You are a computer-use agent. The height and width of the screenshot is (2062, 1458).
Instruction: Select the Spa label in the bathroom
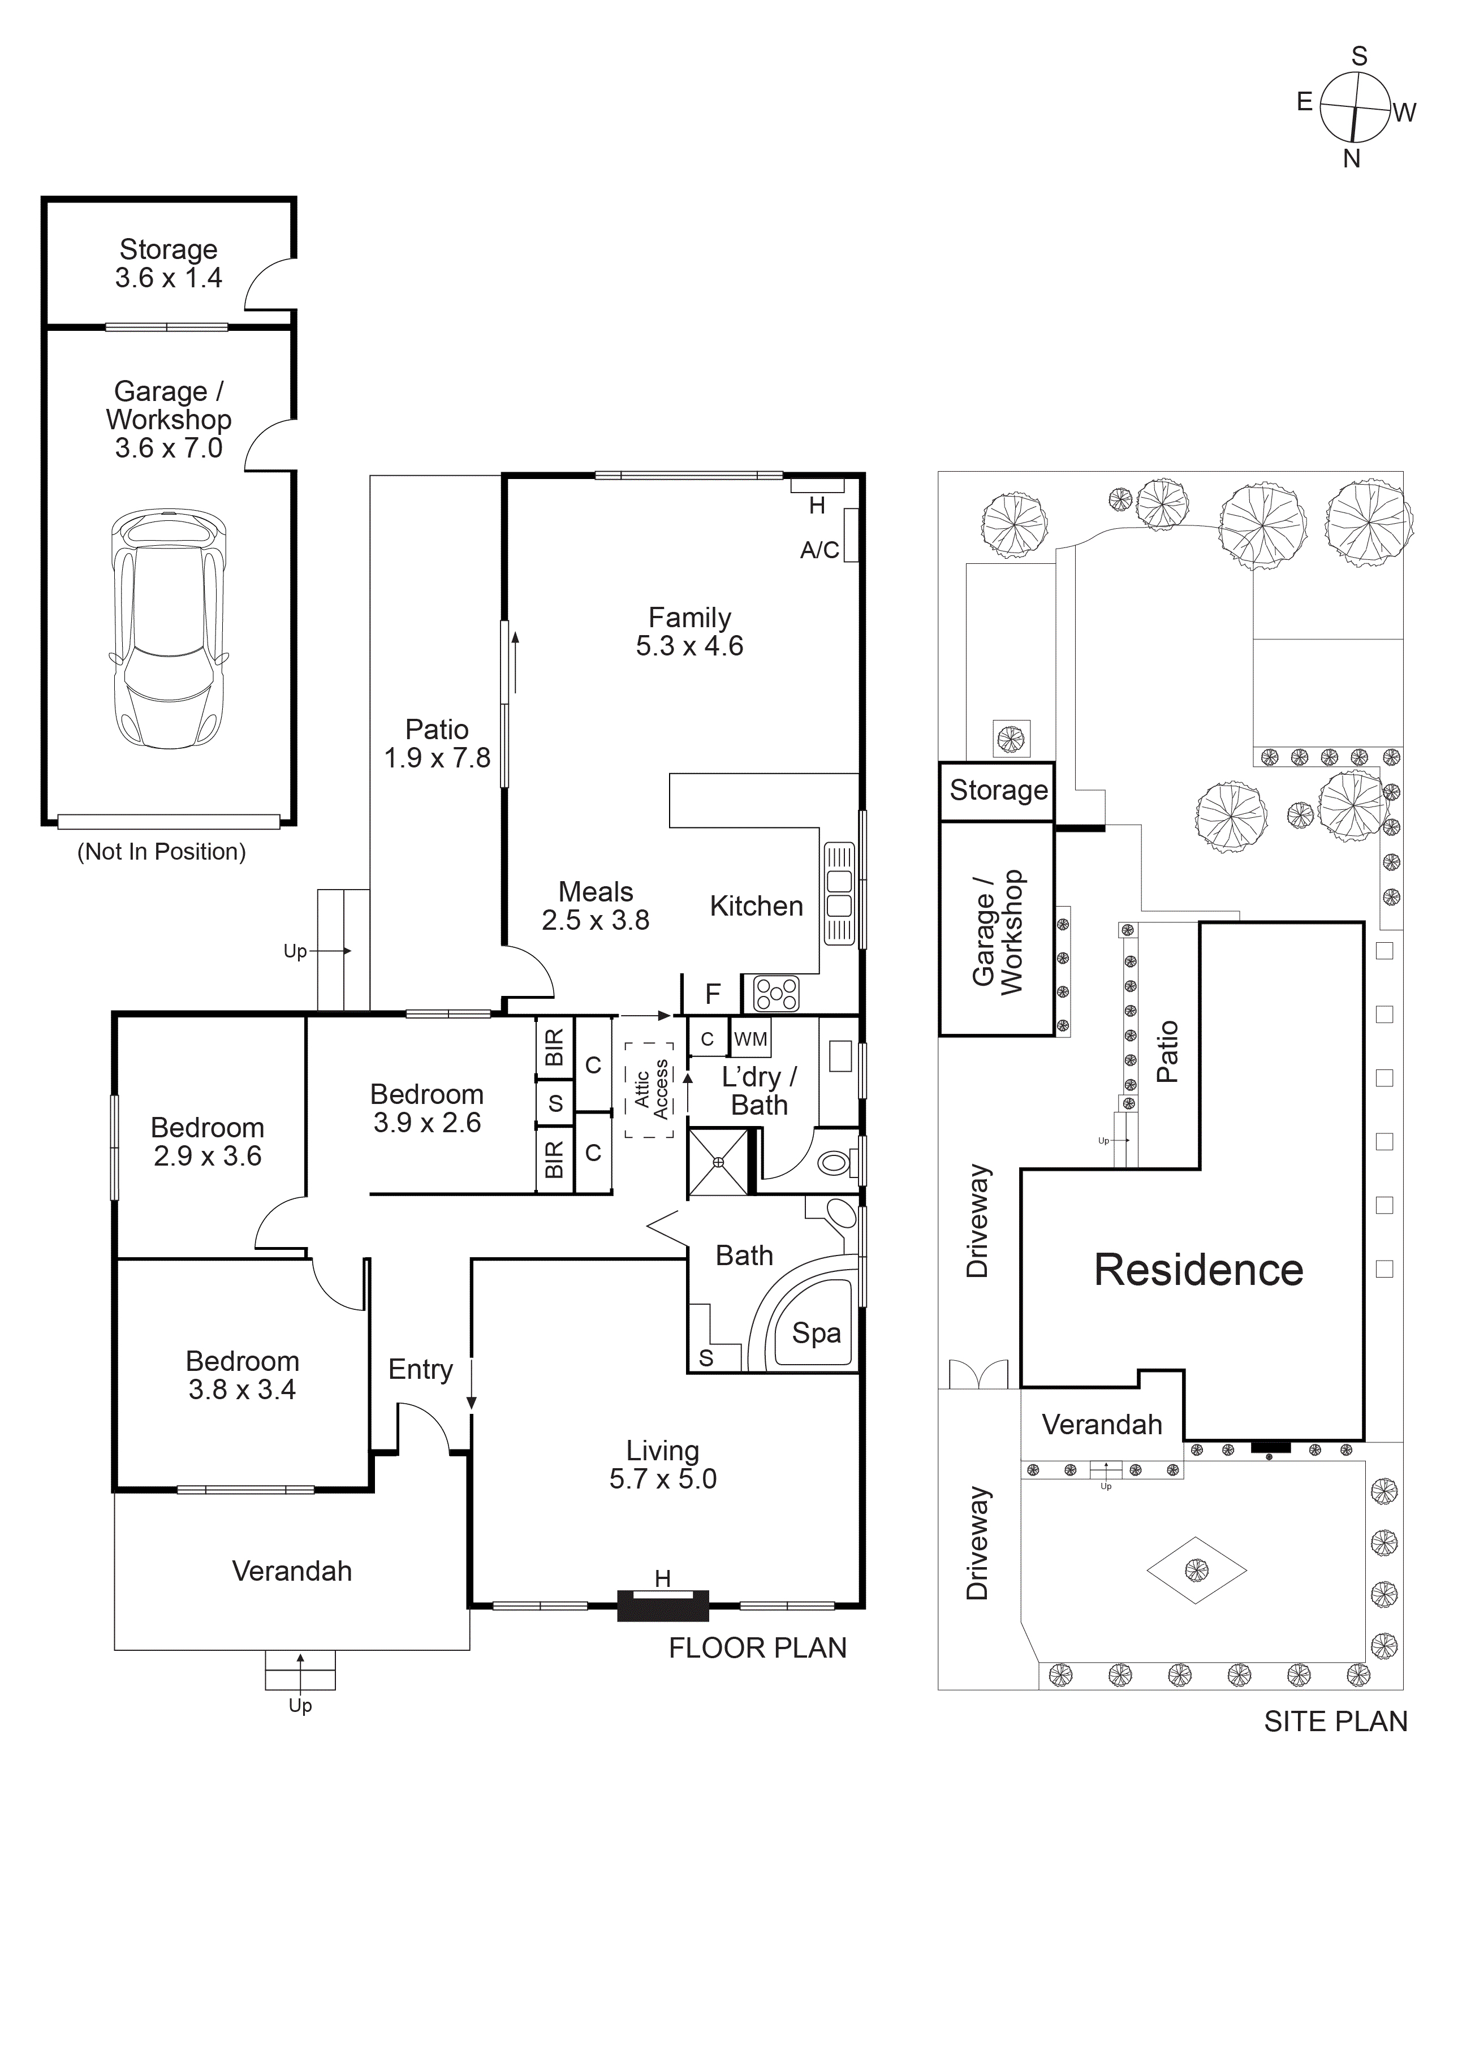tap(816, 1334)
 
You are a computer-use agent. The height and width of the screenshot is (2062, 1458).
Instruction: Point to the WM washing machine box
tap(750, 1039)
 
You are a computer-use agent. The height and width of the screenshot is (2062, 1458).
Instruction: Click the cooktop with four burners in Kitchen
tap(776, 993)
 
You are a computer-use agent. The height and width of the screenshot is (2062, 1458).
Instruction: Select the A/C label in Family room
tap(819, 550)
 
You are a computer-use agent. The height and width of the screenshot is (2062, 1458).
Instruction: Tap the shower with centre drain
tap(718, 1162)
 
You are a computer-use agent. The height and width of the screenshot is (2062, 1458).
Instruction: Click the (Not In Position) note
tap(162, 851)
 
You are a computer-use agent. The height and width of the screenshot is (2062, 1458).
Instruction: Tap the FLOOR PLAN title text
tap(757, 1648)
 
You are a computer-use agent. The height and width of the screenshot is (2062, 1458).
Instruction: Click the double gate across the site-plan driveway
tap(979, 1374)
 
